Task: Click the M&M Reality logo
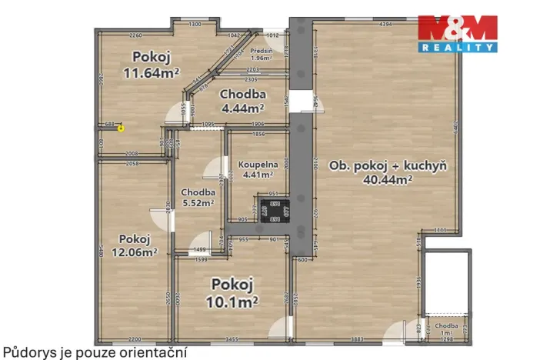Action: coord(457,33)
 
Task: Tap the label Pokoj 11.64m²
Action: coord(151,65)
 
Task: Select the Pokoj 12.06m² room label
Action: coord(132,245)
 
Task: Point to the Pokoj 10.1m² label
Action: coord(234,291)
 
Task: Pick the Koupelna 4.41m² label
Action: coord(257,168)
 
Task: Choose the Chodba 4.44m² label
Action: coord(242,101)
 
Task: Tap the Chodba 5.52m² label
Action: coord(198,198)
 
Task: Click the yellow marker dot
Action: coord(121,128)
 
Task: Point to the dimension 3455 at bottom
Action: coord(232,339)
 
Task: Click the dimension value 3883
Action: coord(355,339)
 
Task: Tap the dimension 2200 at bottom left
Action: coord(135,339)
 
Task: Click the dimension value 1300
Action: coord(195,25)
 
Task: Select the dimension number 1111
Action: coord(440,230)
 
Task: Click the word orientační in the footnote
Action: coord(154,352)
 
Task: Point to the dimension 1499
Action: coord(198,250)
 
